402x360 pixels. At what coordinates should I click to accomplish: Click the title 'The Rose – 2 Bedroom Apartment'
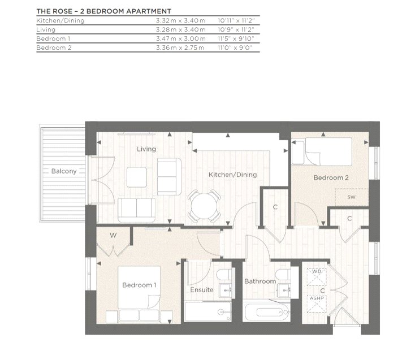(103, 11)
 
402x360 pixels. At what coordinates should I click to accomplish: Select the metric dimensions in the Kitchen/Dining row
(180, 20)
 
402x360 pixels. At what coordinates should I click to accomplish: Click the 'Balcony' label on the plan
(64, 171)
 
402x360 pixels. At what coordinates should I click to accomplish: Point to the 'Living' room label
(146, 149)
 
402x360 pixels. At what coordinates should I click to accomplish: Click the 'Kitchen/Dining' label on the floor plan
(232, 175)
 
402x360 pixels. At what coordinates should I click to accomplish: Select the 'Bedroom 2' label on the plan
(331, 177)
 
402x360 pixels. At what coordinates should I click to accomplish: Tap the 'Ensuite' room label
(202, 290)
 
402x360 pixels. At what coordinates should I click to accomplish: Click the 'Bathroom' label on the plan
(260, 281)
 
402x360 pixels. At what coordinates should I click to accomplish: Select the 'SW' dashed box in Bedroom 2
(351, 197)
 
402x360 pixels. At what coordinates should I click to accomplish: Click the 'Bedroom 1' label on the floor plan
(139, 285)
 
